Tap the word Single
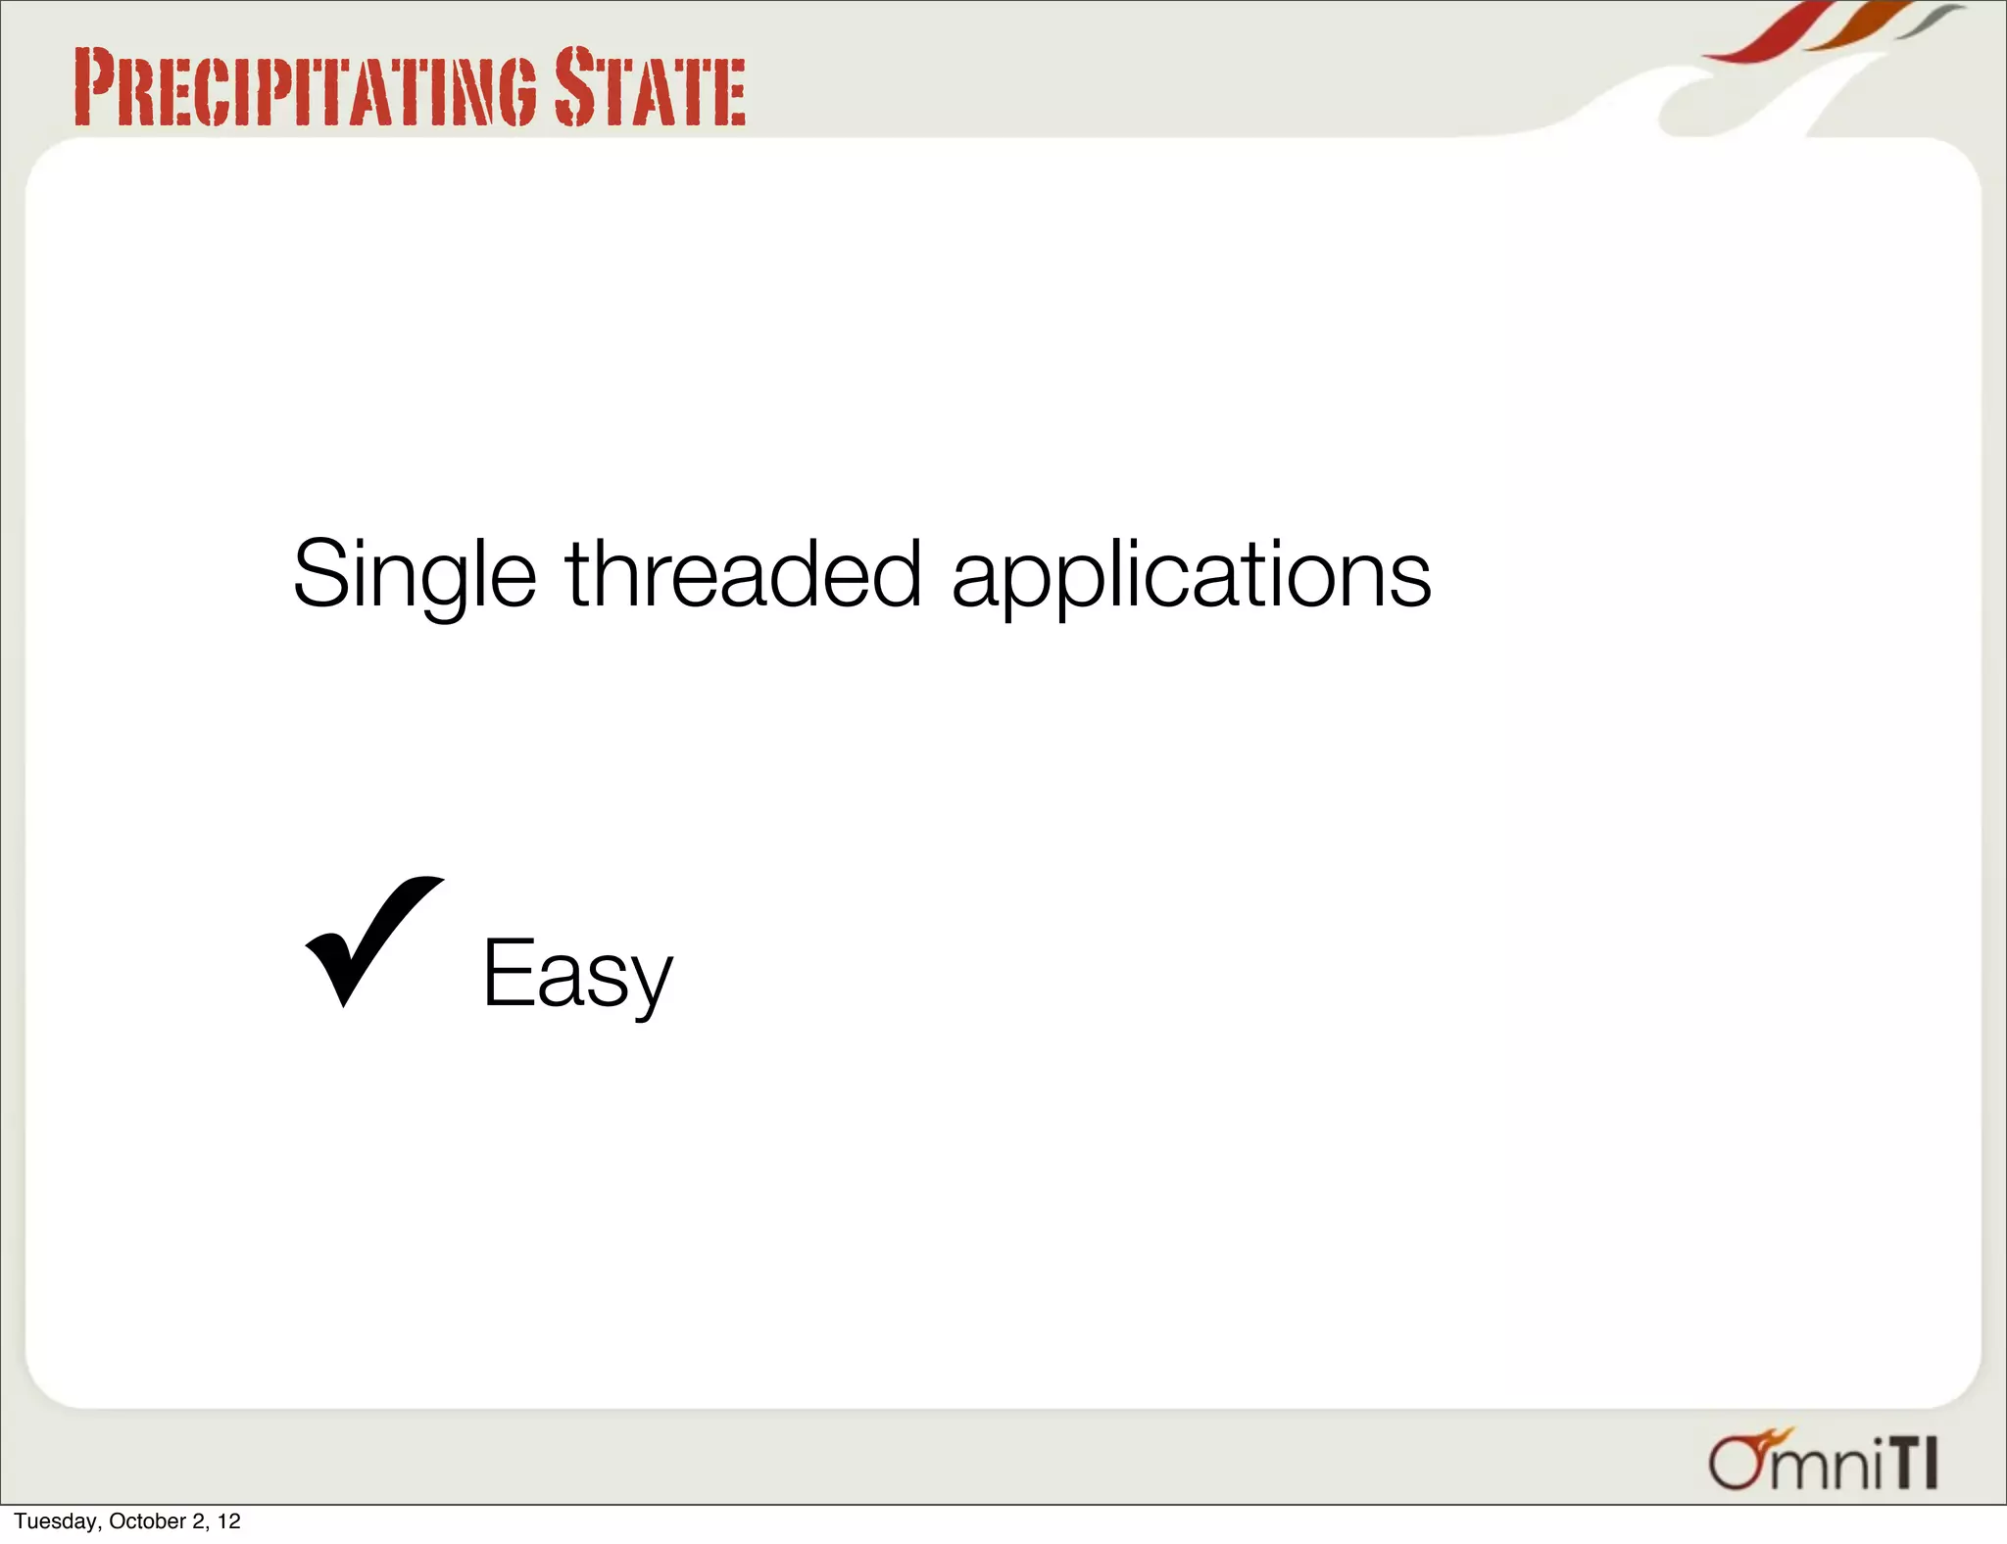coord(414,576)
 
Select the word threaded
coord(743,574)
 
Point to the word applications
coord(1191,578)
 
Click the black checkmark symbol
coord(369,939)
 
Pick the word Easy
coord(577,974)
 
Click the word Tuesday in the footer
coord(56,1521)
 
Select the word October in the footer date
coord(147,1521)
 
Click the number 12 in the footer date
coord(228,1521)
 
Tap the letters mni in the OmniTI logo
coord(1828,1467)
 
